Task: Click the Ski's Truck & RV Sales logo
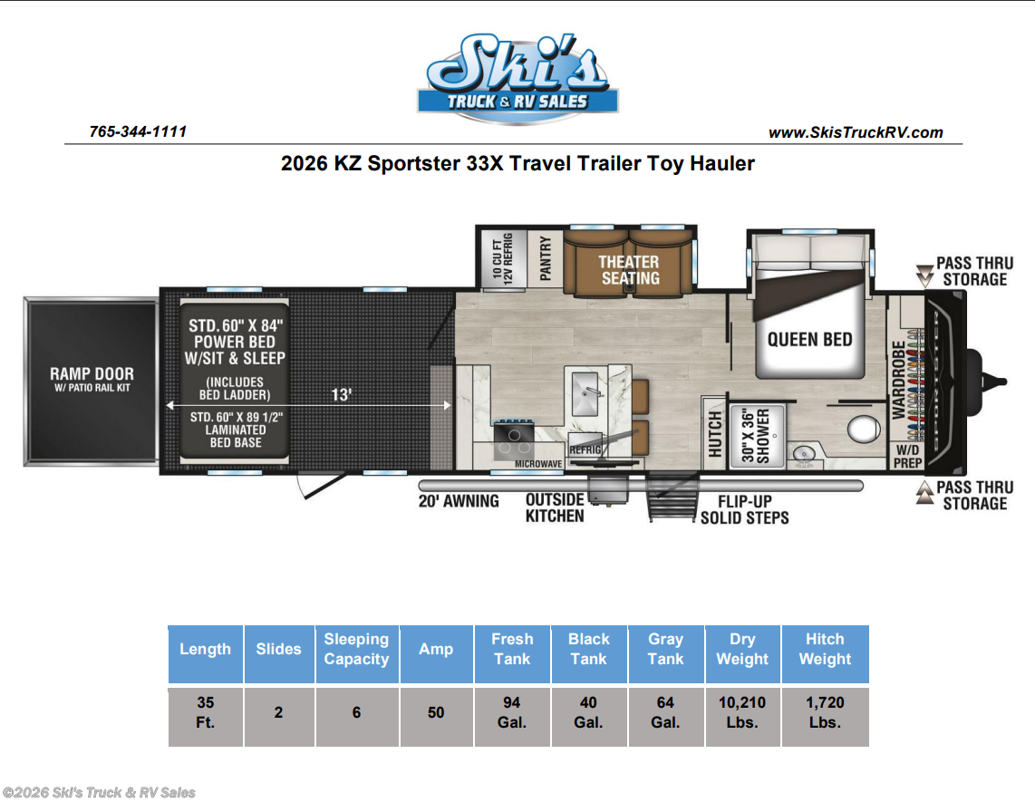[x=518, y=78]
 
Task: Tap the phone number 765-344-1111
[x=138, y=131]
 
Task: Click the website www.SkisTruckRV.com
[x=856, y=132]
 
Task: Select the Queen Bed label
[x=809, y=339]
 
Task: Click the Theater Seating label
[x=629, y=270]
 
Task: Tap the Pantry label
[x=546, y=258]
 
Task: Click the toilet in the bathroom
[x=863, y=429]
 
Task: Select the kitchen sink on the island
[x=585, y=394]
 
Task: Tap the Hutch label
[x=715, y=434]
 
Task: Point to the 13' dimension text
[x=341, y=395]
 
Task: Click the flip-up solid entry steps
[x=672, y=498]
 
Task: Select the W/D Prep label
[x=907, y=456]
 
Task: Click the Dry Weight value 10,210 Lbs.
[x=742, y=712]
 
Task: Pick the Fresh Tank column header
[x=512, y=649]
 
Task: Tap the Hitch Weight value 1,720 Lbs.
[x=825, y=712]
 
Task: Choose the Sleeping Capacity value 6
[x=356, y=712]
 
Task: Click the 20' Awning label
[x=459, y=501]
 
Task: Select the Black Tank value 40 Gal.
[x=588, y=712]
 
